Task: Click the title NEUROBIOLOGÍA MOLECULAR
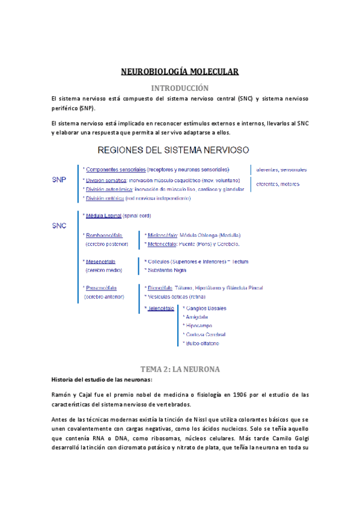pos(180,72)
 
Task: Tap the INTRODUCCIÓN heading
pos(180,87)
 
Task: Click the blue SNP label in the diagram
pos(59,179)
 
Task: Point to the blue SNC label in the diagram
pos(59,226)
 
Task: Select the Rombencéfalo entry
pos(102,235)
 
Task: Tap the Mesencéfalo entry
pos(101,262)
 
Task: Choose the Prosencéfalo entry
pos(102,288)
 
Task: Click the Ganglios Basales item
pos(207,308)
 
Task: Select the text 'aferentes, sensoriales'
pos(281,170)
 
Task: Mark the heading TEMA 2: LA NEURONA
pos(180,368)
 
